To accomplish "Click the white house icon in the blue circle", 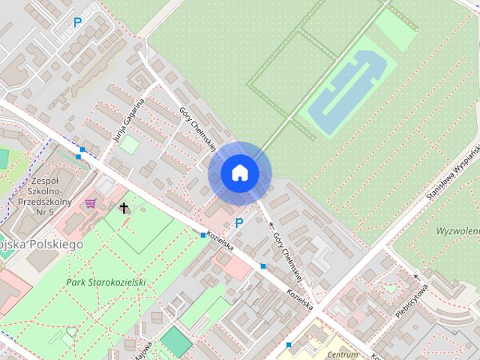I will [239, 172].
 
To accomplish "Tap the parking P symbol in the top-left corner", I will [77, 22].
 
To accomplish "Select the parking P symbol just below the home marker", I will [239, 223].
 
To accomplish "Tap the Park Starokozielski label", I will [105, 282].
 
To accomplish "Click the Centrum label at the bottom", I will [343, 354].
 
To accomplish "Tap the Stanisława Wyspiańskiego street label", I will [453, 170].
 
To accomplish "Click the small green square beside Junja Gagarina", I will [130, 144].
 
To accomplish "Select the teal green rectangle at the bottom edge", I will [177, 341].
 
